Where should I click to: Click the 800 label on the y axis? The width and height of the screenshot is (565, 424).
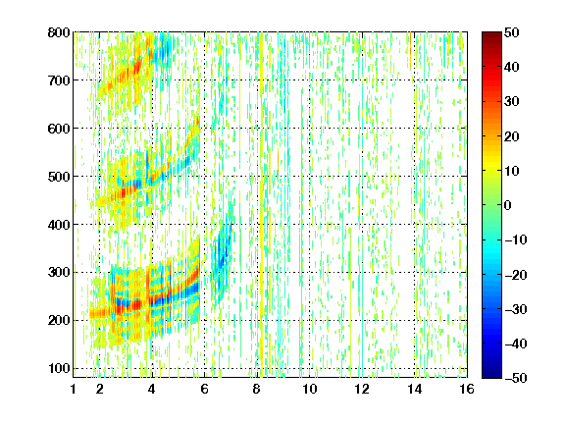click(59, 32)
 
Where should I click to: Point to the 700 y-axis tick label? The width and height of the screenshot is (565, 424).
click(59, 80)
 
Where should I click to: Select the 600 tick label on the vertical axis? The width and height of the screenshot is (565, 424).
click(59, 129)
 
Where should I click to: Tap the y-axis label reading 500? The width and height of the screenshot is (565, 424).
click(59, 177)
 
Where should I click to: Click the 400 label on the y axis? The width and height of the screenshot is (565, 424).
click(59, 224)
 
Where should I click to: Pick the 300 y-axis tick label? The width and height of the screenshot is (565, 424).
click(59, 272)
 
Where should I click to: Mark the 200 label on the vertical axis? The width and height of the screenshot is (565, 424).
click(59, 320)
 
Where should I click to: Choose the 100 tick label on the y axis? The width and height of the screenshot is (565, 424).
click(59, 368)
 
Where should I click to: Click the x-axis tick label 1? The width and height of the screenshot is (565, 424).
click(74, 389)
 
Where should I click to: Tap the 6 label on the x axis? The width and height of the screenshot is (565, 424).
click(205, 389)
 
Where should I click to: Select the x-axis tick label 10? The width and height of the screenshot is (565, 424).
click(310, 389)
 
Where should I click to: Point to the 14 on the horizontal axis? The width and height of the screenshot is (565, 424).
click(415, 389)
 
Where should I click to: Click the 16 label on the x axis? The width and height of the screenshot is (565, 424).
click(467, 389)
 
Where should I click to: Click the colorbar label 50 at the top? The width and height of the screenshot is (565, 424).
click(512, 32)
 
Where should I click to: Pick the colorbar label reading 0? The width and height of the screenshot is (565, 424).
click(508, 205)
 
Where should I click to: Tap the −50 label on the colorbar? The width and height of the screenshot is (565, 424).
click(516, 378)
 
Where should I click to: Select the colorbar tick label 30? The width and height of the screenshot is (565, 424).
click(512, 102)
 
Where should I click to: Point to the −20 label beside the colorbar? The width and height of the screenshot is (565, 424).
click(516, 275)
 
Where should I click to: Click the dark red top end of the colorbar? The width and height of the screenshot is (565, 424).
click(491, 35)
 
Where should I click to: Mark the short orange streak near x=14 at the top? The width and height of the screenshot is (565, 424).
click(410, 50)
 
